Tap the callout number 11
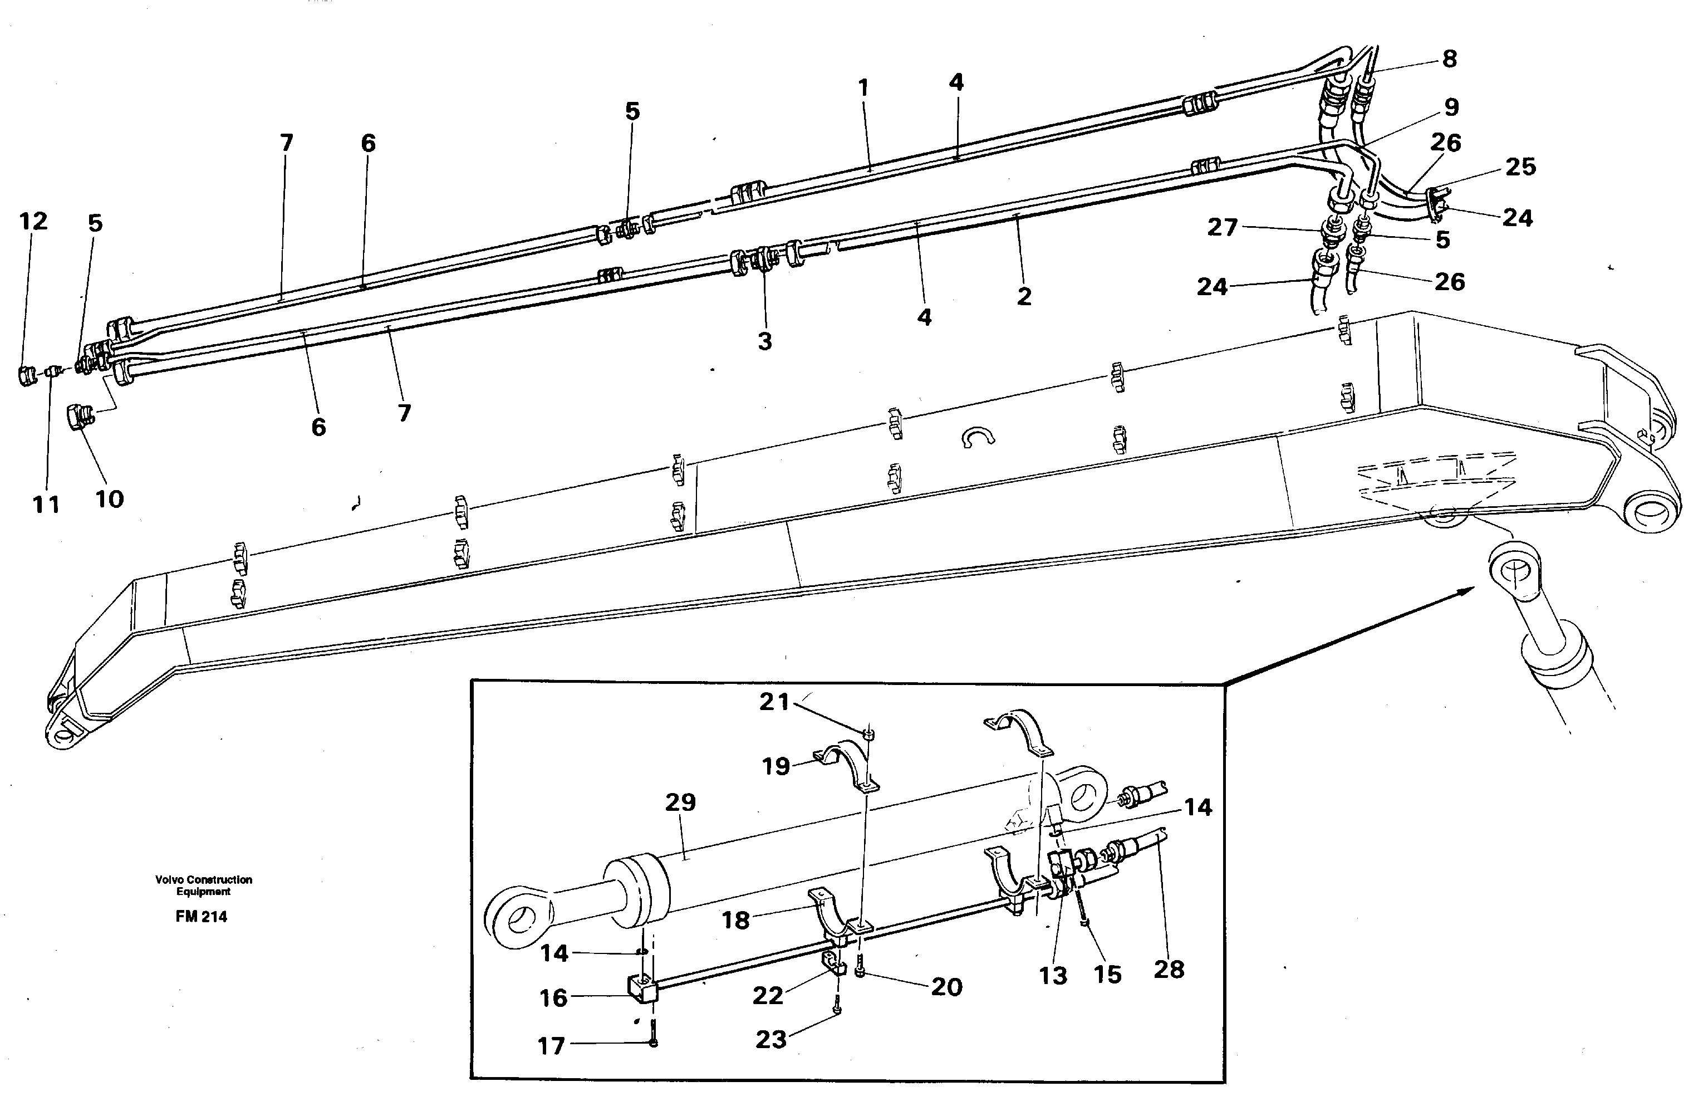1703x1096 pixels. (46, 505)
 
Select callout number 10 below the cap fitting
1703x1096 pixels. (110, 499)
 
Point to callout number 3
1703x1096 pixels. (765, 341)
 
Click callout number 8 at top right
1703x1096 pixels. (1450, 58)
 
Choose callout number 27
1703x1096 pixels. (1222, 227)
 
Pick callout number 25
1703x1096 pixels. (1521, 167)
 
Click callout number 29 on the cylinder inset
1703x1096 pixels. (680, 802)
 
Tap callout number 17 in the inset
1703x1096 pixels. (551, 1045)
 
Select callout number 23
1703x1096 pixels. (771, 1039)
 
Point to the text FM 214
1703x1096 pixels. (202, 917)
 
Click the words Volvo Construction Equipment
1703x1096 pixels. (203, 885)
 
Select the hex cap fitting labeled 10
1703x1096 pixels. (79, 415)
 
